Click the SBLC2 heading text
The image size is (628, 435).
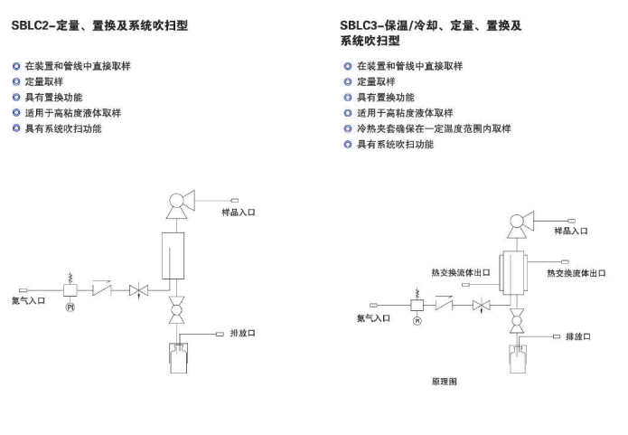click(x=99, y=25)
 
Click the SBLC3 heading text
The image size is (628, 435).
click(x=430, y=33)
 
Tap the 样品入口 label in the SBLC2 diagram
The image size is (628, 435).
click(x=239, y=213)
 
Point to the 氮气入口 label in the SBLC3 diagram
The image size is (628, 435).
click(x=373, y=318)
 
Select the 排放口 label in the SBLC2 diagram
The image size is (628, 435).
click(x=242, y=333)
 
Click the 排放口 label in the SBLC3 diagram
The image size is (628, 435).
click(x=578, y=336)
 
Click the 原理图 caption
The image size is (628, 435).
click(x=445, y=382)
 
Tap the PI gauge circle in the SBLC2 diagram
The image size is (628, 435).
click(x=70, y=307)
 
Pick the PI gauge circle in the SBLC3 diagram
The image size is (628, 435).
click(x=417, y=321)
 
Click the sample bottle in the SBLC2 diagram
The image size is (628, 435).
click(x=178, y=357)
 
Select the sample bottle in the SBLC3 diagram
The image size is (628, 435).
click(x=518, y=359)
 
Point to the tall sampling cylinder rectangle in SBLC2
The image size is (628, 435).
click(x=173, y=256)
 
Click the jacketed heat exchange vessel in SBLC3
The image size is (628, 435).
click(x=513, y=272)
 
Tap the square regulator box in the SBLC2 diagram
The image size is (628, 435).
click(x=70, y=290)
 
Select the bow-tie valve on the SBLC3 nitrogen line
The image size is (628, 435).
click(x=481, y=306)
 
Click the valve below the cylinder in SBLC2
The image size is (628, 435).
click(x=176, y=310)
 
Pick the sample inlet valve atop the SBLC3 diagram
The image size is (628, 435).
click(x=520, y=224)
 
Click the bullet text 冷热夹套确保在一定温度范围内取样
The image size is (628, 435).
click(x=434, y=128)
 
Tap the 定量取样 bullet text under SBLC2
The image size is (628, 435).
click(x=44, y=81)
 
